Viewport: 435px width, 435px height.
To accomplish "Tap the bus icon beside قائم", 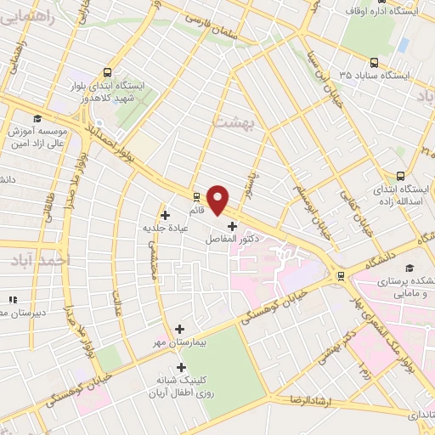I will pyautogui.click(x=196, y=195).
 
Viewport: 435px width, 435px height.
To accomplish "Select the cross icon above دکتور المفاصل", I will pyautogui.click(x=233, y=225).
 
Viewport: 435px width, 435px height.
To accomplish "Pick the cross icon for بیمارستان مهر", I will pyautogui.click(x=179, y=329).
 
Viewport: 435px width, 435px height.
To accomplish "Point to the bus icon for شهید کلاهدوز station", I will pyautogui.click(x=108, y=73).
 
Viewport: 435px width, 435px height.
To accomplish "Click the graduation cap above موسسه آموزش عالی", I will pyautogui.click(x=37, y=118).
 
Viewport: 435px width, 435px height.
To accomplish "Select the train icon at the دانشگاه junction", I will pyautogui.click(x=341, y=275).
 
